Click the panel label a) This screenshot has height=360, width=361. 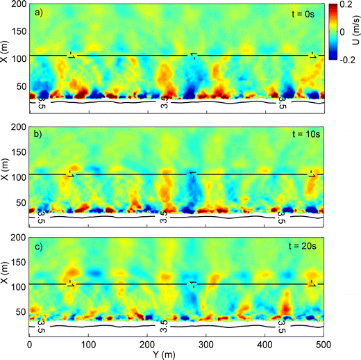pyautogui.click(x=40, y=13)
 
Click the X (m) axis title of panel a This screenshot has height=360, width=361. pyautogui.click(x=6, y=55)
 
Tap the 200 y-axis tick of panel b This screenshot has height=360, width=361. pyautogui.click(x=18, y=126)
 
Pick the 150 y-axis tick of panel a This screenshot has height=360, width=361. pyautogui.click(x=18, y=31)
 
